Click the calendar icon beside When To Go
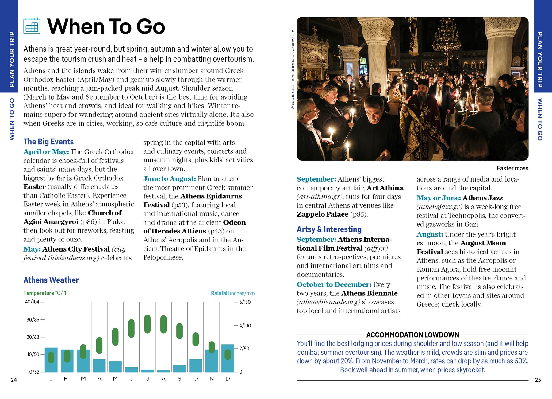32,26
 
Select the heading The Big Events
48,142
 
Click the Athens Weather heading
51,280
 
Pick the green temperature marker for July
148,324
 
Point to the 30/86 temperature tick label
33,320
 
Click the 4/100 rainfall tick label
245,326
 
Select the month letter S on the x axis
179,379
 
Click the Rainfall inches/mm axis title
233,293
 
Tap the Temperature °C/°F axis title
45,293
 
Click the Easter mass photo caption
512,168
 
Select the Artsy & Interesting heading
329,229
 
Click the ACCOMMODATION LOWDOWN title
412,335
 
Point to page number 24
14,380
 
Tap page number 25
538,380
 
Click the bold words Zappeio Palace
322,214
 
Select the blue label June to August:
169,179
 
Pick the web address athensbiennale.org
328,302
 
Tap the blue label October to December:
334,285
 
